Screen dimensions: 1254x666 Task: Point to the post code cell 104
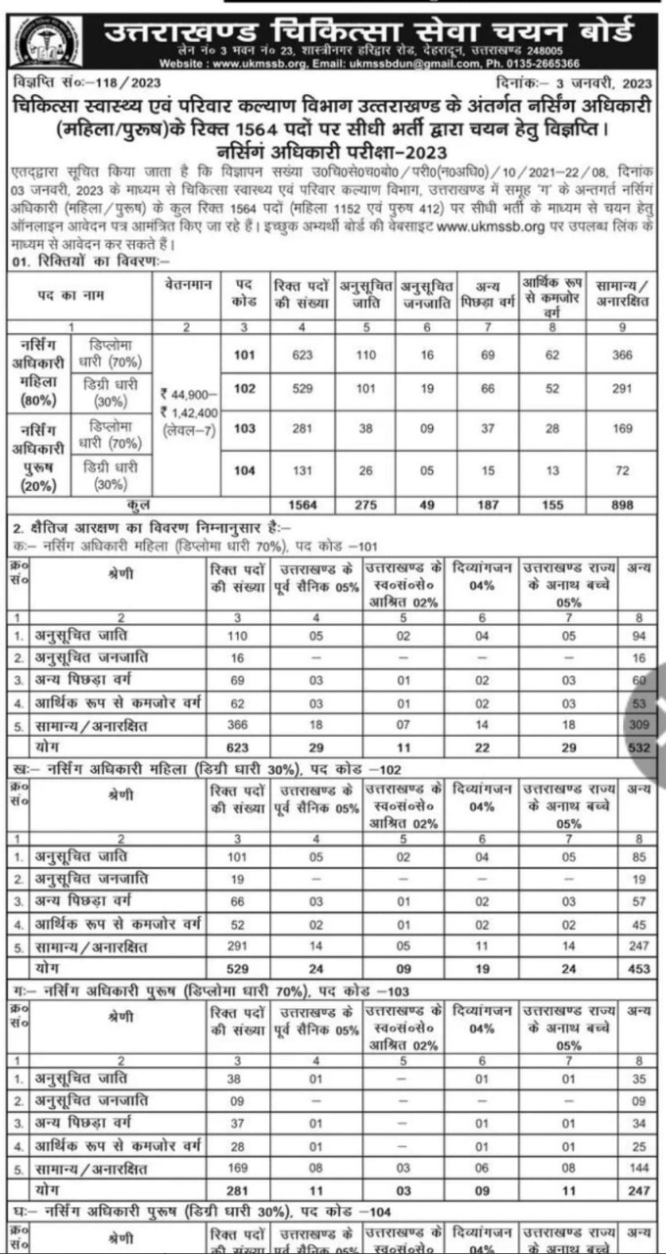pyautogui.click(x=244, y=469)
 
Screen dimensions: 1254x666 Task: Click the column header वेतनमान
pyautogui.click(x=189, y=281)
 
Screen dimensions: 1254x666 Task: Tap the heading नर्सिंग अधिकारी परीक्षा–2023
pyautogui.click(x=333, y=151)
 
